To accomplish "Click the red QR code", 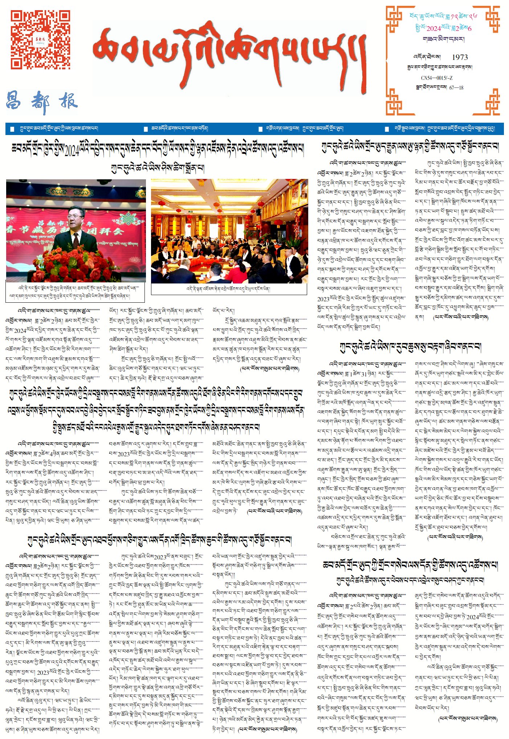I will pos(40,39).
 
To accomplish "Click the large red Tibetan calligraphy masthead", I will pos(229,54).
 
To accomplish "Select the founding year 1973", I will pos(460,57).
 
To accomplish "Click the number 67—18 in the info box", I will pos(456,87).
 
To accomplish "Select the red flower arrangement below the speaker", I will pos(74,263).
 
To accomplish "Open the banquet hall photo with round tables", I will pos(229,231).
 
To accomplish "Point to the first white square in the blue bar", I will pos(12,129).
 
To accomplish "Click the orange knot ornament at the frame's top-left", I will pos(394,15).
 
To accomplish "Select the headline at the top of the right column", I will pos(410,147).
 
